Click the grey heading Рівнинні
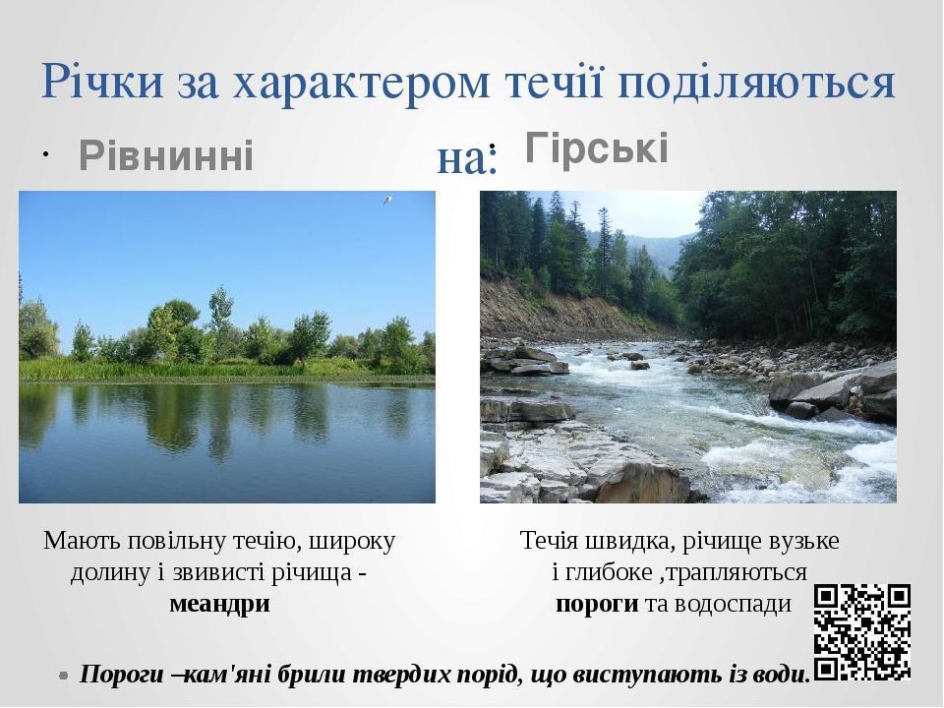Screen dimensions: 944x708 coord(166,155)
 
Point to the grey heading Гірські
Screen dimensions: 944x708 coord(597,147)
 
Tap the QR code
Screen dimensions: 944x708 coord(862,632)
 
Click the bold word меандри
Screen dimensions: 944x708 coord(219,603)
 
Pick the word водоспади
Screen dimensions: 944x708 coord(732,603)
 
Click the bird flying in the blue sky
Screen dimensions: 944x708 coord(387,200)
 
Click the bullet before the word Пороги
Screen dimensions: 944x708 coord(64,676)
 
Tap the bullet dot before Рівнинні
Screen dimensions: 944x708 coord(46,155)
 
